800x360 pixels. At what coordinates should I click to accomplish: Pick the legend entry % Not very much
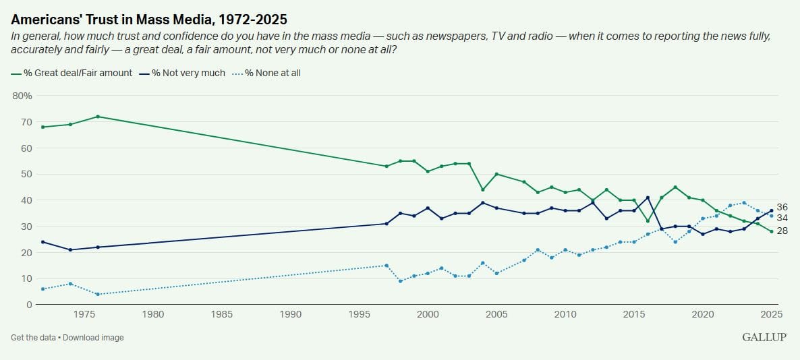click(188, 73)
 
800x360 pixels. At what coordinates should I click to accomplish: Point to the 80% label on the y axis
click(23, 96)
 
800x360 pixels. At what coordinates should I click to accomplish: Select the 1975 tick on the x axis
click(84, 314)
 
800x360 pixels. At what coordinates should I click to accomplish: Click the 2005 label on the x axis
click(496, 314)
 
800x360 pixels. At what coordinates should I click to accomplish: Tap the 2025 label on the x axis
click(772, 314)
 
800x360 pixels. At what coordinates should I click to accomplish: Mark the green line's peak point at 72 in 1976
click(98, 117)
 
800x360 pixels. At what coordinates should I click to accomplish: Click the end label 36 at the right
click(783, 207)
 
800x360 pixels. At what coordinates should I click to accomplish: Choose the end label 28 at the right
click(783, 231)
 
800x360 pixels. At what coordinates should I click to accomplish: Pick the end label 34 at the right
click(783, 218)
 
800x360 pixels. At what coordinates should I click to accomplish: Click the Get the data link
click(34, 337)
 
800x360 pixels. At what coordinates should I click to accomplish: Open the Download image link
click(94, 337)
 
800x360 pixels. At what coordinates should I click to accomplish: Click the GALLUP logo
click(764, 337)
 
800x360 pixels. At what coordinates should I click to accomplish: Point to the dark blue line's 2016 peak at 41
click(648, 198)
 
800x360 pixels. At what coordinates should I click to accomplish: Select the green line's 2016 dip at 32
click(648, 221)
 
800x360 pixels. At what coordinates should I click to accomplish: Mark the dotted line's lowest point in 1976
click(98, 294)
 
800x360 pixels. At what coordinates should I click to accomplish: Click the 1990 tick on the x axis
click(291, 314)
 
